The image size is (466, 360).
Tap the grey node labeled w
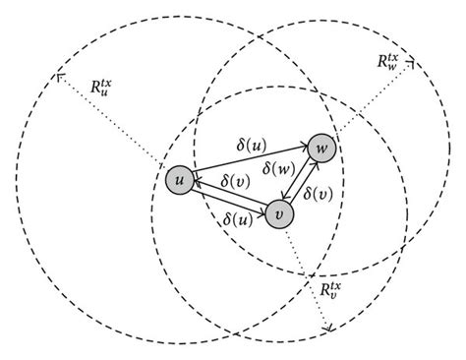(x=320, y=149)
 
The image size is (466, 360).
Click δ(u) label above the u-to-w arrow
(x=245, y=146)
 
